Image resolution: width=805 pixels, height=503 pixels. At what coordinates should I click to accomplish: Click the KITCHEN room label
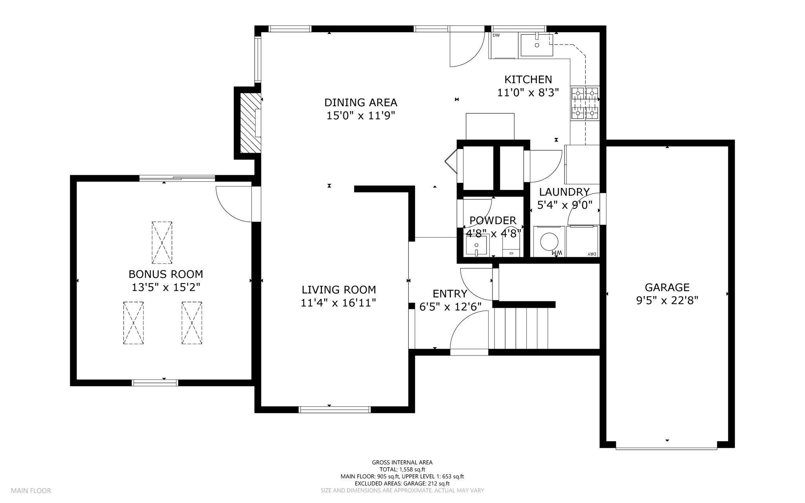[x=528, y=79]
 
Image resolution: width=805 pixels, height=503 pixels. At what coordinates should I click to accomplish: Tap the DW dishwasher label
[x=496, y=35]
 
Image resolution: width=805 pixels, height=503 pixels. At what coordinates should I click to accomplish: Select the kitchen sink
[x=537, y=45]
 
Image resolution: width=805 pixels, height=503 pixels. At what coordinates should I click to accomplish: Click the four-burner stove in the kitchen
[x=585, y=103]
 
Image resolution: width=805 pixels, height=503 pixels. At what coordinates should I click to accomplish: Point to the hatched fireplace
[x=250, y=123]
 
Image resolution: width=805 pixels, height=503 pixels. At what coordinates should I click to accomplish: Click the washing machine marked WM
[x=549, y=241]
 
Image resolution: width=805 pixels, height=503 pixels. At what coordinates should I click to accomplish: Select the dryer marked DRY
[x=582, y=241]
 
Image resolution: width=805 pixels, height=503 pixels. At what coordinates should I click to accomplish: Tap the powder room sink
[x=477, y=245]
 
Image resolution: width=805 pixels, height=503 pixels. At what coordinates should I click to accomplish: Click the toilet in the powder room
[x=511, y=246]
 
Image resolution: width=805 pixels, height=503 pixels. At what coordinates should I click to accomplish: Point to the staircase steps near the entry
[x=521, y=328]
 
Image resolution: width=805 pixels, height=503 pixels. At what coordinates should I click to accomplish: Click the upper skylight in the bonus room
[x=162, y=243]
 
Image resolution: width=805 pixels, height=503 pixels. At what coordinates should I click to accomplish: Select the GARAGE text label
[x=667, y=287]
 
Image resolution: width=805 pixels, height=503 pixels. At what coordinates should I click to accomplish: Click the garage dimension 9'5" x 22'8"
[x=667, y=301]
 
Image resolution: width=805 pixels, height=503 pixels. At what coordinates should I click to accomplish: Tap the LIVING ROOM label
[x=338, y=290]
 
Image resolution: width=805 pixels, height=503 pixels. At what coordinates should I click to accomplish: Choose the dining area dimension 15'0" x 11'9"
[x=360, y=116]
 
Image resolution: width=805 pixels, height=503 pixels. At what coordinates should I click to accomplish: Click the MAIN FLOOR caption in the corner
[x=31, y=491]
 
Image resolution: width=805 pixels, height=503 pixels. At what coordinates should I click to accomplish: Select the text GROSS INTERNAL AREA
[x=402, y=462]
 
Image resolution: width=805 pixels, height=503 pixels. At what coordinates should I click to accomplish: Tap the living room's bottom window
[x=334, y=409]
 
